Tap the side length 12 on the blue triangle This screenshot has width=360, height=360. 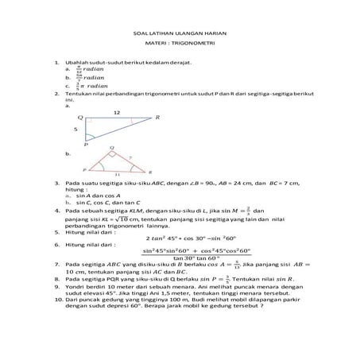click(x=118, y=112)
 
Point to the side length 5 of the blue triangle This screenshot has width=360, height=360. click(x=75, y=128)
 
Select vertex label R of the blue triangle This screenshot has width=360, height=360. click(x=157, y=118)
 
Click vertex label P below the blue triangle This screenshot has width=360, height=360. click(x=86, y=145)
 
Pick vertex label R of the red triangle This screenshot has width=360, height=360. click(x=150, y=170)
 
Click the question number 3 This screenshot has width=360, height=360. click(x=56, y=183)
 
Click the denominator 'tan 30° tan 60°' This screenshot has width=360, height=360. click(x=180, y=257)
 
